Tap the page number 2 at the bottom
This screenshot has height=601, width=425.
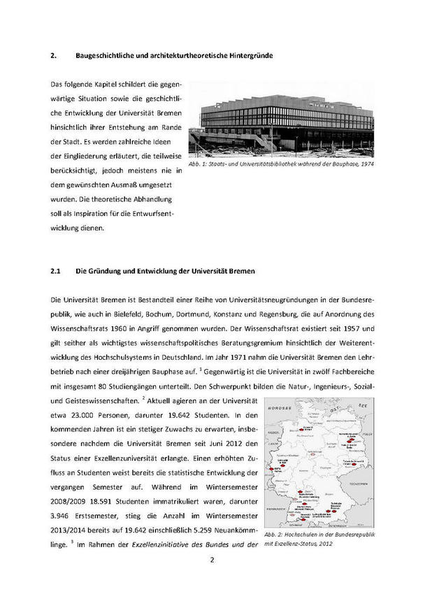point(212,560)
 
